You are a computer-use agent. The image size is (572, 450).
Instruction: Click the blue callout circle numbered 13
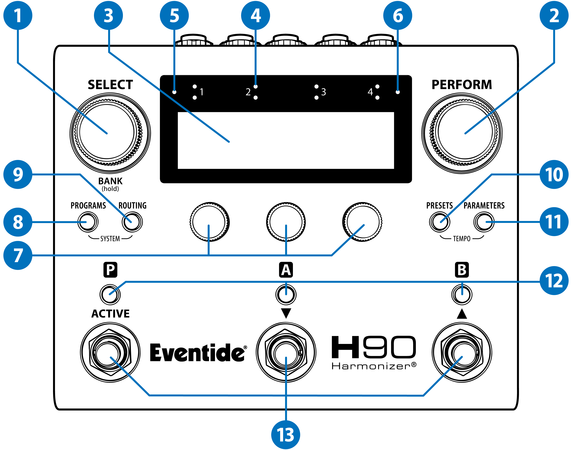[286, 435]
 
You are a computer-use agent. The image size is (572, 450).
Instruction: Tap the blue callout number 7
[18, 255]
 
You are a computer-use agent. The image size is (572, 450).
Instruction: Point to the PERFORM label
[462, 85]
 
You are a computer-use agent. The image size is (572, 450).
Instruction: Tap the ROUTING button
[132, 222]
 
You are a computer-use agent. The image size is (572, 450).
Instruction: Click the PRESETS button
[440, 222]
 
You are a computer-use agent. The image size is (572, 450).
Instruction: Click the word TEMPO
[462, 239]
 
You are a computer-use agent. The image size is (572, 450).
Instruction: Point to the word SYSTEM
[110, 239]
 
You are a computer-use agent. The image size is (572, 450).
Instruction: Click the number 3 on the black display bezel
[323, 92]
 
